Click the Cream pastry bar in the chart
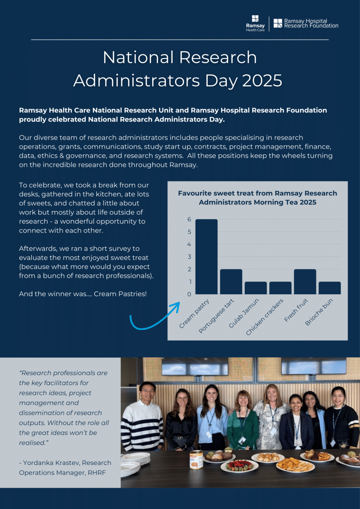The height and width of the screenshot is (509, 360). pyautogui.click(x=207, y=257)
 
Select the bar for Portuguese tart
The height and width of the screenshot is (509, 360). pyautogui.click(x=231, y=282)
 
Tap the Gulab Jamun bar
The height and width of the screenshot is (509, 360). pyautogui.click(x=256, y=288)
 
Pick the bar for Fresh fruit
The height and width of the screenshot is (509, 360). pyautogui.click(x=305, y=282)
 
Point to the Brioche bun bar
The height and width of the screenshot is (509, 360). pyautogui.click(x=329, y=288)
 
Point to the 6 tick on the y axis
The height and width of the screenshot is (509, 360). pyautogui.click(x=189, y=219)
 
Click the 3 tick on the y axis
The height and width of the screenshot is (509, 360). pyautogui.click(x=189, y=257)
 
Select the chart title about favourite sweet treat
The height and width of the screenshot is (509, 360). pyautogui.click(x=257, y=198)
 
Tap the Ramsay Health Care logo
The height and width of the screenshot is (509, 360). pyautogui.click(x=255, y=23)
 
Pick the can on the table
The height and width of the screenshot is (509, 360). pyautogui.click(x=196, y=459)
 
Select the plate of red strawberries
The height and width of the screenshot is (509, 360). pyautogui.click(x=239, y=465)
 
